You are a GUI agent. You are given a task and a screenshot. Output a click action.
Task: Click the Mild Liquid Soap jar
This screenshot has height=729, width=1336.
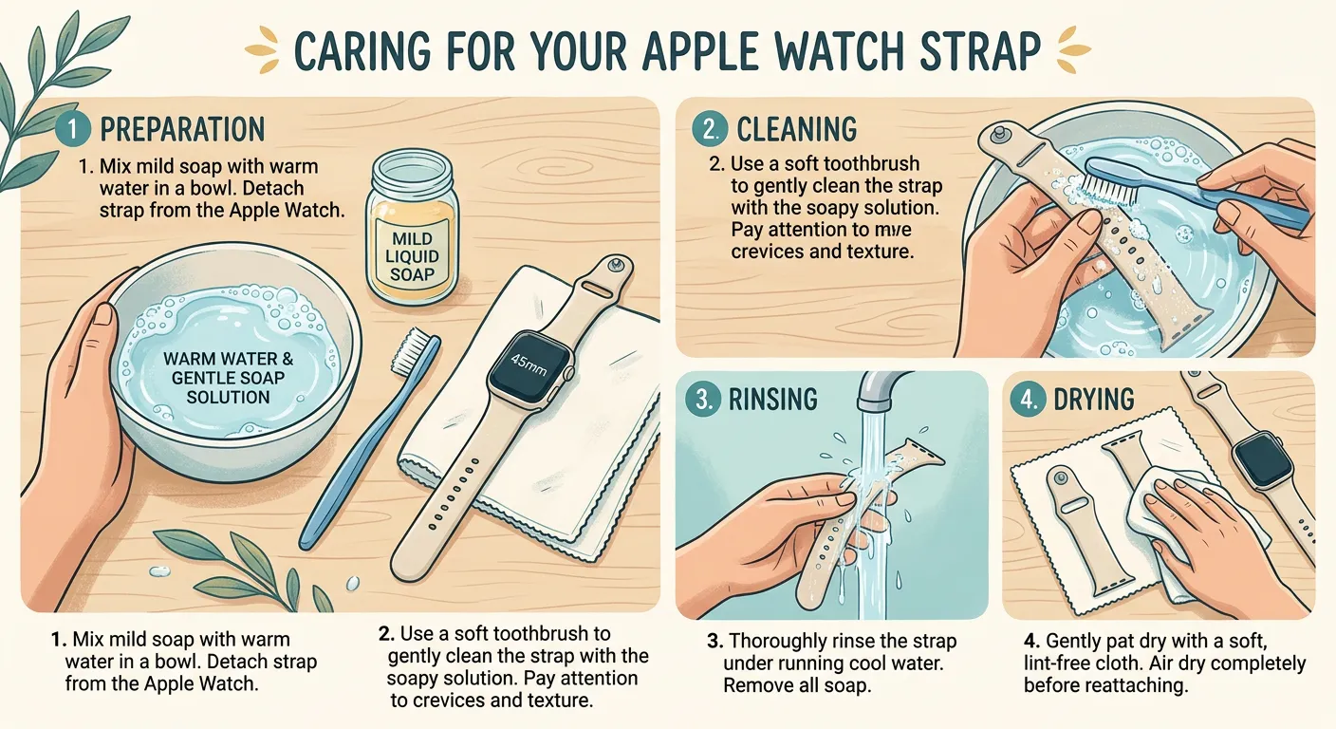[412, 237]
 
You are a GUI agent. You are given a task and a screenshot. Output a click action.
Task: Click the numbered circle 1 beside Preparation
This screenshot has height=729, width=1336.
[73, 129]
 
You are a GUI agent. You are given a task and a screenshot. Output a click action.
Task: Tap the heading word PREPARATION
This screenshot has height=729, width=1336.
[182, 129]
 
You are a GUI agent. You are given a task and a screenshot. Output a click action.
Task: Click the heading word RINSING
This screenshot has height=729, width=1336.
[772, 399]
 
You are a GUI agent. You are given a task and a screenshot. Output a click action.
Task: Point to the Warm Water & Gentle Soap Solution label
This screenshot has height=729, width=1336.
[228, 378]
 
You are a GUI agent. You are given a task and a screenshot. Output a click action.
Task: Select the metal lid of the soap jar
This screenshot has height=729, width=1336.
[412, 171]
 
